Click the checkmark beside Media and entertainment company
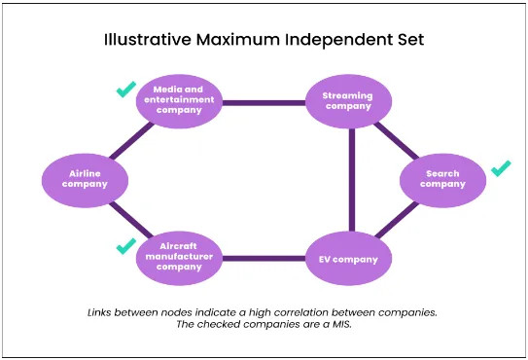pos(125,90)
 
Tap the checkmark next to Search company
pos(501,169)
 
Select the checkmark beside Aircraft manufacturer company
pos(125,247)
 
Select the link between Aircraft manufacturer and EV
pos(264,259)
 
